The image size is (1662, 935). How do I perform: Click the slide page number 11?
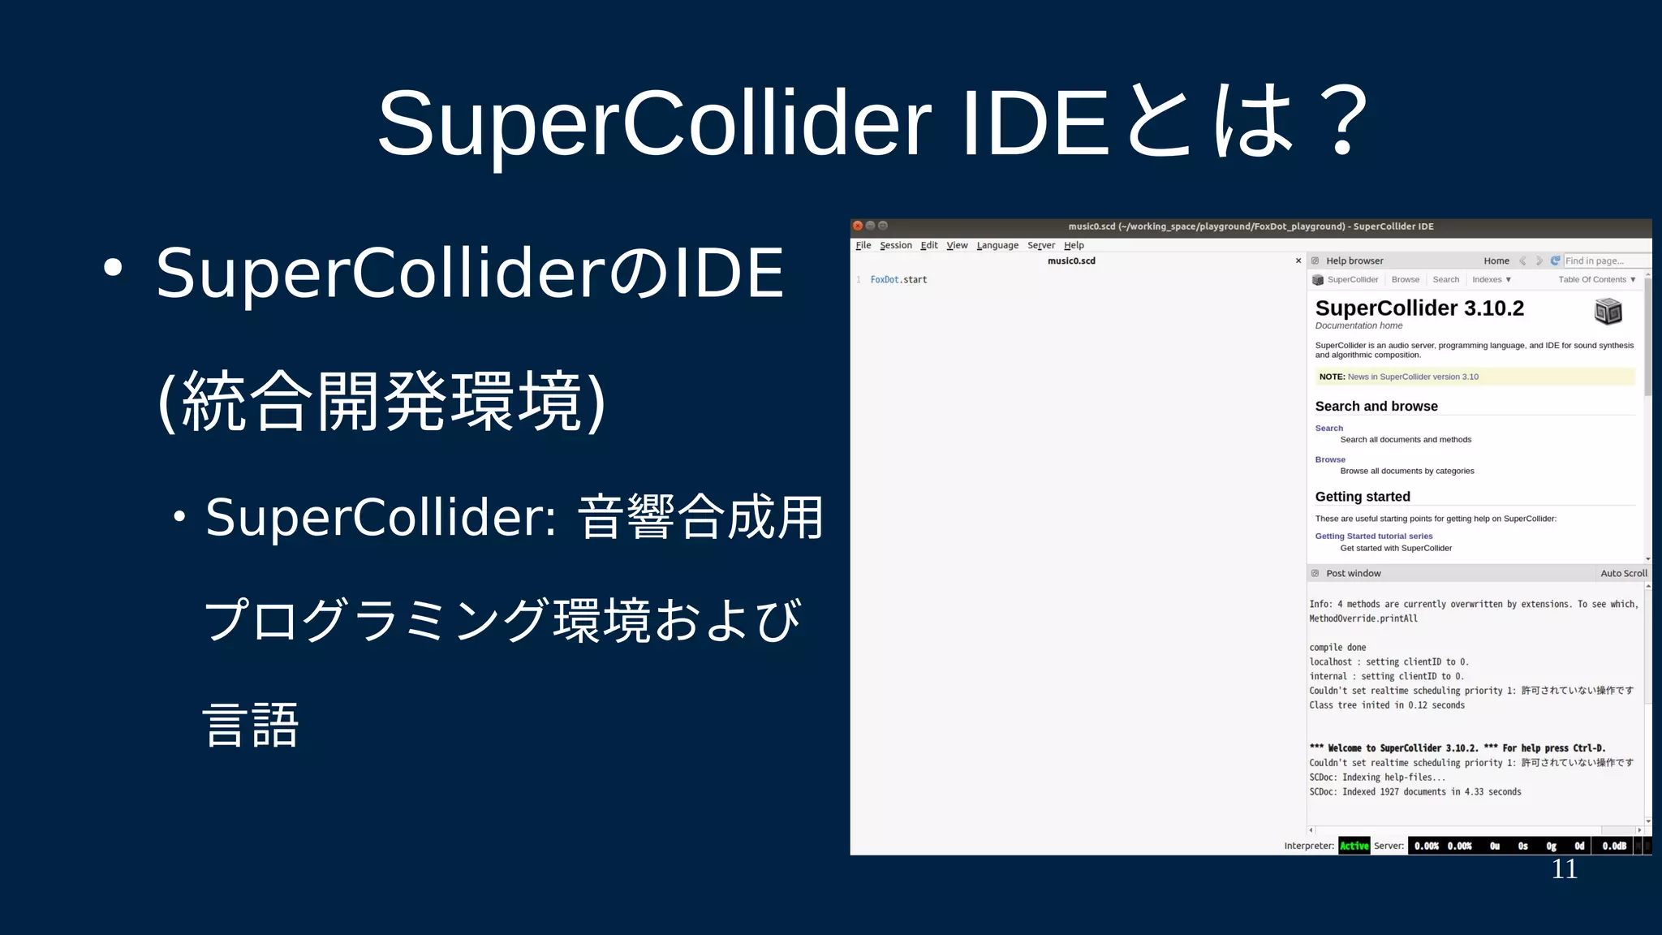point(1564,869)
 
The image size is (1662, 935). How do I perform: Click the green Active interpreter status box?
point(1354,846)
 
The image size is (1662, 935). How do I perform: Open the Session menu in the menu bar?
point(896,245)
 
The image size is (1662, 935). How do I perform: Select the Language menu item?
point(997,245)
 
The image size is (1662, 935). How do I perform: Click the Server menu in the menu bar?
point(1041,245)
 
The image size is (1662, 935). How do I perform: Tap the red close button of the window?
point(858,226)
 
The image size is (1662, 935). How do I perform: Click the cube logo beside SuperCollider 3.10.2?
point(1608,311)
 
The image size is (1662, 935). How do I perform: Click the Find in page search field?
point(1605,261)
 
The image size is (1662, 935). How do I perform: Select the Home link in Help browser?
point(1496,261)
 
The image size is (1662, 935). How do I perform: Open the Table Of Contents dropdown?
point(1596,279)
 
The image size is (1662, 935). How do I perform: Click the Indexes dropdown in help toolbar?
point(1492,279)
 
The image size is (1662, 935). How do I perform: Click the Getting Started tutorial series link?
point(1374,536)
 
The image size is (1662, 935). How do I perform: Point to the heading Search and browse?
point(1376,406)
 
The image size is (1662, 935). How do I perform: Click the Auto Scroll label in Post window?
point(1624,573)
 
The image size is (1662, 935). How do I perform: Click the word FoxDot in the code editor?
point(885,279)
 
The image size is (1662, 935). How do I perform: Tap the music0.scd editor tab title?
point(1071,261)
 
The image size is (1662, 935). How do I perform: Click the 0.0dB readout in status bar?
point(1614,846)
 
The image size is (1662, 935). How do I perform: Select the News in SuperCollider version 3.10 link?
point(1413,377)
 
